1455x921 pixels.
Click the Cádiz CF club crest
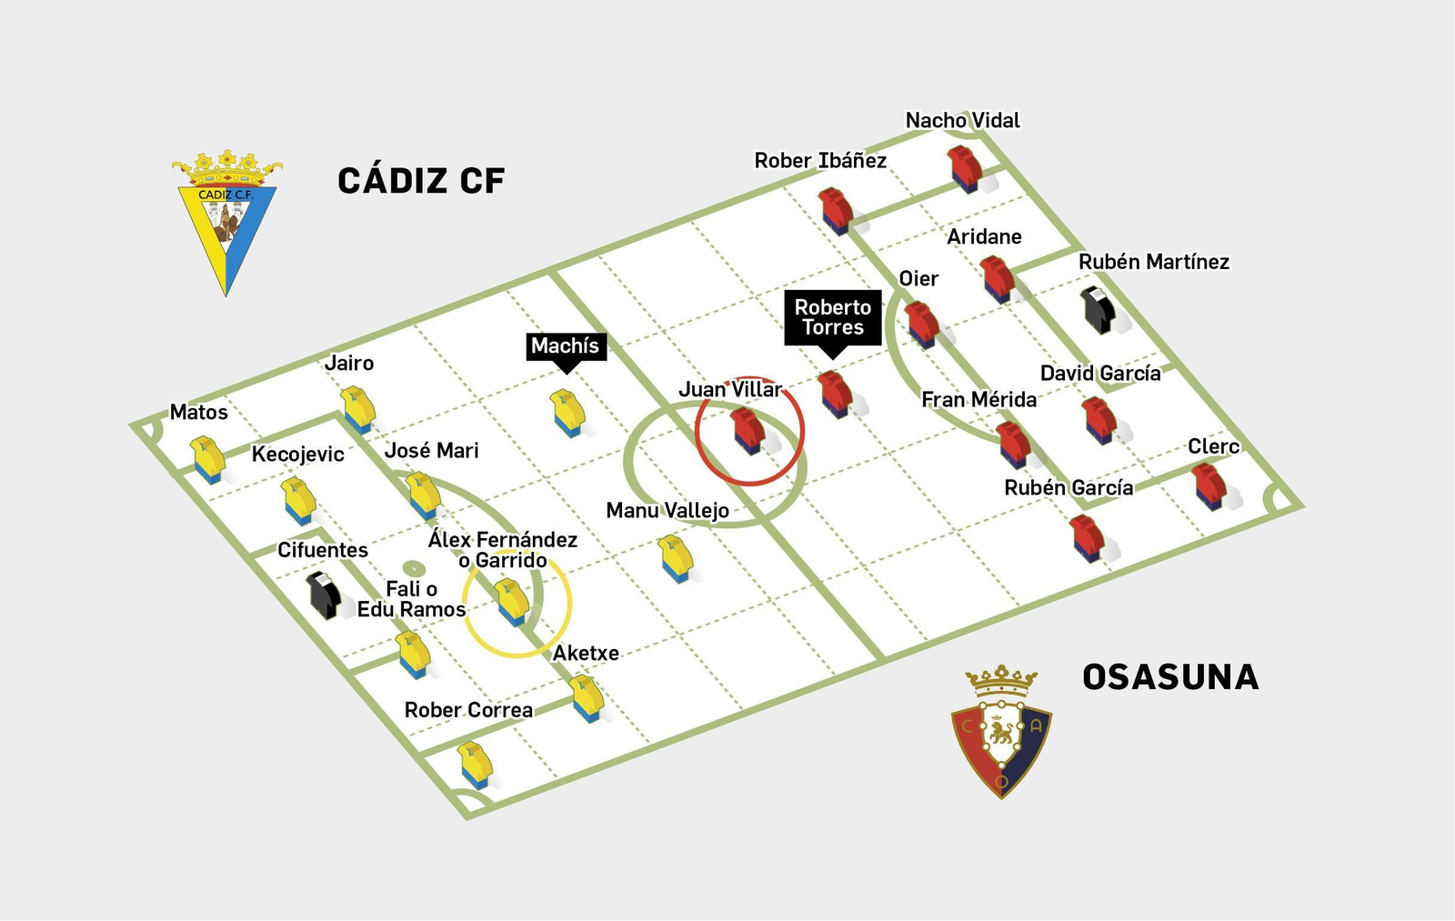tap(226, 223)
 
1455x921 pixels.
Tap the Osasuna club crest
tap(1001, 732)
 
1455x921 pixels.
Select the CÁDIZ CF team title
tap(421, 181)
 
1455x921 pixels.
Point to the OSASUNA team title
tap(1170, 677)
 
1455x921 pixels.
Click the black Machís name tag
tap(566, 346)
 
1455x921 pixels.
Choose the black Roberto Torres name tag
tap(833, 317)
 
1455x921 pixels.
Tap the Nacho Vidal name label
tap(962, 120)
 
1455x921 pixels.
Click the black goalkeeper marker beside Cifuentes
tap(324, 595)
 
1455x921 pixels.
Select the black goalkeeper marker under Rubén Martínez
tap(1099, 309)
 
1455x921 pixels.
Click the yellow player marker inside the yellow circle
tap(512, 602)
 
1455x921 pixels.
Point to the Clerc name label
tap(1213, 446)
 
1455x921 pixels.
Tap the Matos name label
tap(198, 412)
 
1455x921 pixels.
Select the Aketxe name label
tap(586, 653)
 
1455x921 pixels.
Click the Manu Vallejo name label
tap(667, 510)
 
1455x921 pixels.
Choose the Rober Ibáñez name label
tap(820, 161)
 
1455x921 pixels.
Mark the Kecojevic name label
tap(297, 454)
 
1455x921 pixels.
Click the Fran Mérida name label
tap(978, 399)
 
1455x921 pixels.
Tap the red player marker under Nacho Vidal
tap(964, 168)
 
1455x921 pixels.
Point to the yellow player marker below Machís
tap(567, 413)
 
